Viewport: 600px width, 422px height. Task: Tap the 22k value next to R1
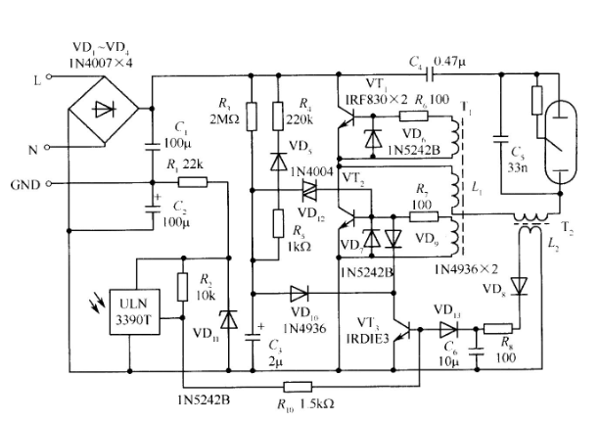(x=192, y=164)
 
